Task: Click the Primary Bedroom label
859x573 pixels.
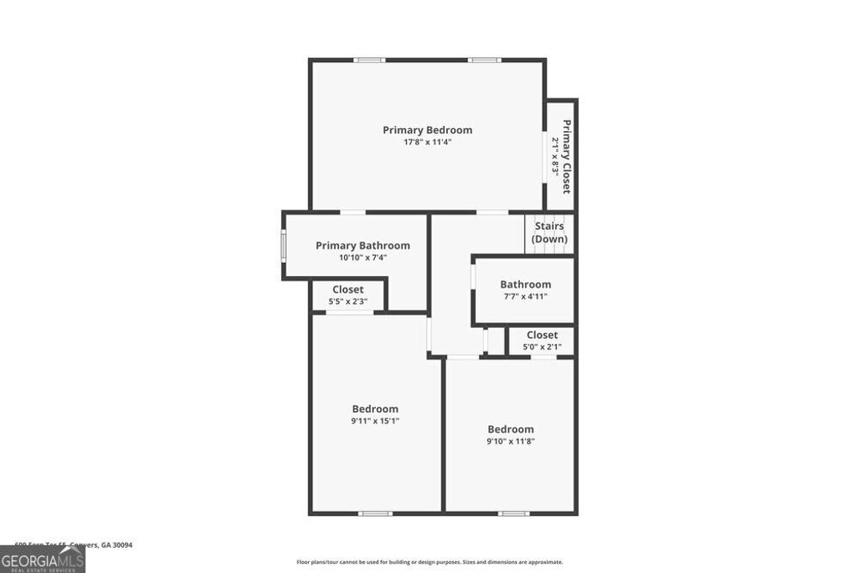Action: coord(427,130)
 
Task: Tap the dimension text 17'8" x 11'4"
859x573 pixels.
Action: coord(427,143)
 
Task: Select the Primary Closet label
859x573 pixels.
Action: coord(567,157)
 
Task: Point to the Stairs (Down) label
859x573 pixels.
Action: coord(549,232)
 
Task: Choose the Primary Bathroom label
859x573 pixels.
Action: coord(362,246)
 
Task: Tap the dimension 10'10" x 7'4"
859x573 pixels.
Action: coord(362,258)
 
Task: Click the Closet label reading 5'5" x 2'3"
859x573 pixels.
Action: coord(347,289)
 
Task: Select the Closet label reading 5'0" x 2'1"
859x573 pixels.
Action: coord(542,336)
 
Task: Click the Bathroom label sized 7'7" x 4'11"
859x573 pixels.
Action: coord(525,284)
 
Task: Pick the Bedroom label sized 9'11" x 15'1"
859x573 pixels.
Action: coord(375,409)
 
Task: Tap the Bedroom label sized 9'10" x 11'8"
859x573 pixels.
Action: coord(510,430)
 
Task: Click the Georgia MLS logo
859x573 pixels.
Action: coord(42,559)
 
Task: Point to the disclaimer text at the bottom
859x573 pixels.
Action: coord(429,562)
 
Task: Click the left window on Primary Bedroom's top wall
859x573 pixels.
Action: coord(369,60)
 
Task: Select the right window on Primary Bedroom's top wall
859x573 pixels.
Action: coord(485,60)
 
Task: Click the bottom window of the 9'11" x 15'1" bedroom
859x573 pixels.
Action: coord(375,513)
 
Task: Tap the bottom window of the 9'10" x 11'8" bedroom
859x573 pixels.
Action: coord(513,513)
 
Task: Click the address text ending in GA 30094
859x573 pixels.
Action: coord(74,544)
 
